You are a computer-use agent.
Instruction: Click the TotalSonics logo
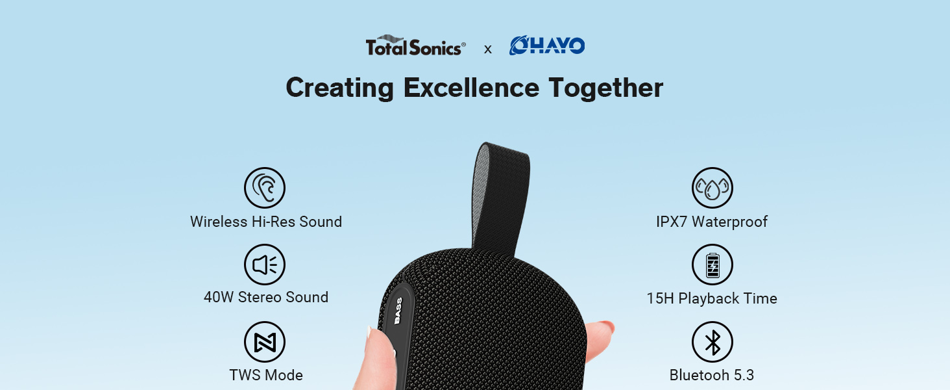click(415, 46)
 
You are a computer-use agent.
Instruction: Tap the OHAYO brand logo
click(547, 45)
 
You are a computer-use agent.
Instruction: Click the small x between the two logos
click(488, 49)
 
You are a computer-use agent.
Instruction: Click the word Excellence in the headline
click(471, 88)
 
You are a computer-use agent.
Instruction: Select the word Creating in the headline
click(339, 88)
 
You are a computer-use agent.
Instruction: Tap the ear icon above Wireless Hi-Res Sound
click(265, 188)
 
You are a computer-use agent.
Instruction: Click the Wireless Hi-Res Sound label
click(266, 222)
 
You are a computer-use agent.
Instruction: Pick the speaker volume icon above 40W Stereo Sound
click(265, 265)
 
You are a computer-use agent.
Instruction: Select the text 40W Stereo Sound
click(266, 297)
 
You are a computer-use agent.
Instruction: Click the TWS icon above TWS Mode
click(265, 342)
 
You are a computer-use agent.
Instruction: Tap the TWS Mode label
click(266, 375)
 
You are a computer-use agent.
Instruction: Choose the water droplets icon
click(712, 188)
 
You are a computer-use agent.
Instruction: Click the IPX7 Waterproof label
click(712, 222)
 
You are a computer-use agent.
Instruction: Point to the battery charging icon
click(712, 265)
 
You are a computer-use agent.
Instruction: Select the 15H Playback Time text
click(712, 298)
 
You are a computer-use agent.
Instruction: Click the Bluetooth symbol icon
click(712, 342)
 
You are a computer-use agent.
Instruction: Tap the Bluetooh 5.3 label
click(712, 375)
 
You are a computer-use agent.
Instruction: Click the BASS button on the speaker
click(398, 311)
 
